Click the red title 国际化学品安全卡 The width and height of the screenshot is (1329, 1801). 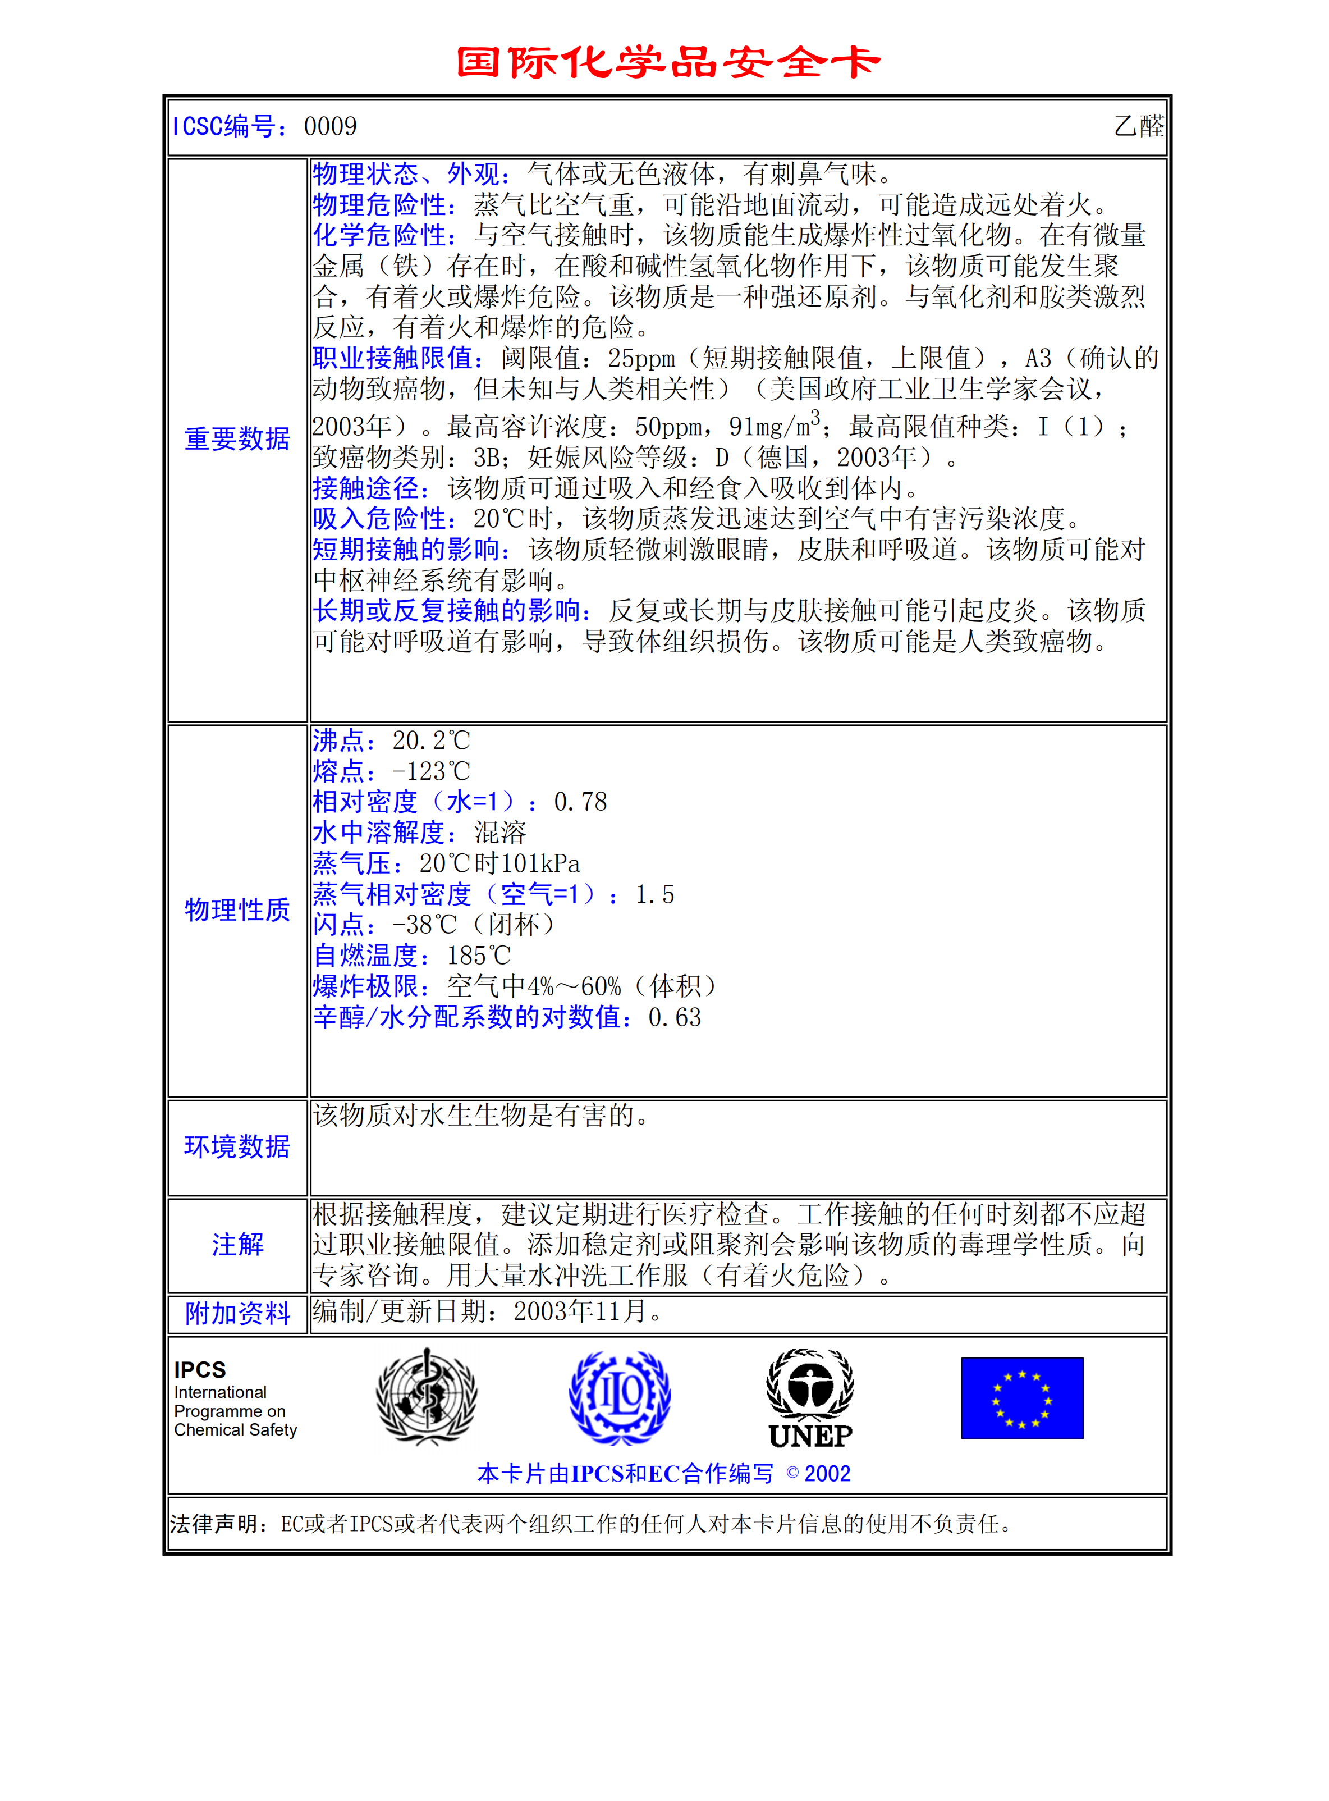click(668, 63)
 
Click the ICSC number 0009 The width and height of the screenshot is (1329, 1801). click(330, 126)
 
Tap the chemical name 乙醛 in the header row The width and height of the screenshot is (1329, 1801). click(1138, 126)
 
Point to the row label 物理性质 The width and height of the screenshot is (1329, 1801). click(237, 910)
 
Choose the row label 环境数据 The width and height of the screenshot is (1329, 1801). click(237, 1147)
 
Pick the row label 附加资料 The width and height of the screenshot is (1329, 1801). click(237, 1313)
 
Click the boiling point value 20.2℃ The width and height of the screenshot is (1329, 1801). click(430, 740)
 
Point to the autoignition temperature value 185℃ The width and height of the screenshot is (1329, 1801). click(479, 956)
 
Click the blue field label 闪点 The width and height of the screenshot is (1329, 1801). click(340, 925)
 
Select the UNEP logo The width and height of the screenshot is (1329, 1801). click(810, 1398)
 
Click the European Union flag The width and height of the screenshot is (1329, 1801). click(1021, 1398)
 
